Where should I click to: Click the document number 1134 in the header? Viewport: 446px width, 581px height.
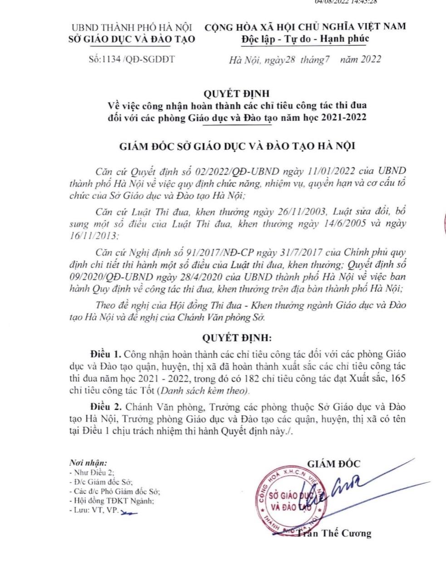point(103,59)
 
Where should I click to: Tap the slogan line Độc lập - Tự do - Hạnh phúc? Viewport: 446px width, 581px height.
point(305,39)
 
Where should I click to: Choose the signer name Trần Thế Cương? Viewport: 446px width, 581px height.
point(335,533)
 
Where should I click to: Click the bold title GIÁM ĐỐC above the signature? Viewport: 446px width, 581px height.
point(334,464)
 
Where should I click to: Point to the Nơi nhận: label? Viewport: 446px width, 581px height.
point(88,463)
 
